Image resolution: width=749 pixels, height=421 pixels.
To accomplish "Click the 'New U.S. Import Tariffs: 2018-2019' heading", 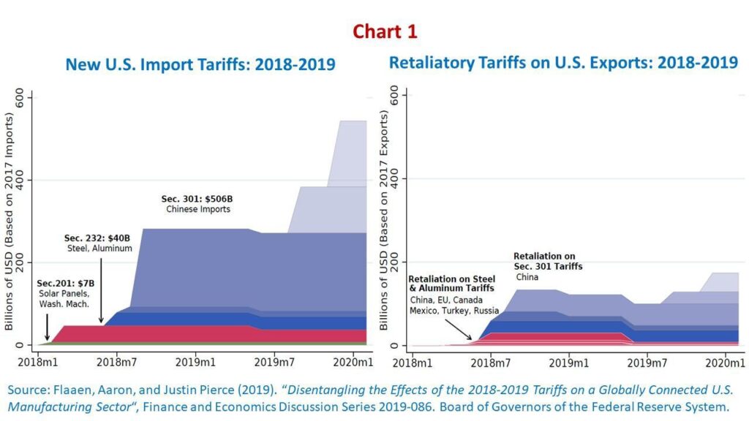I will click(200, 64).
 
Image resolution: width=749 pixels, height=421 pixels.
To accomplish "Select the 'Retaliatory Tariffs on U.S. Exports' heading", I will click(563, 62).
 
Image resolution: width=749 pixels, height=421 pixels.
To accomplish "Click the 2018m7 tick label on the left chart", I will click(117, 361).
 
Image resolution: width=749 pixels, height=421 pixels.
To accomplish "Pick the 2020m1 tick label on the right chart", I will click(724, 362).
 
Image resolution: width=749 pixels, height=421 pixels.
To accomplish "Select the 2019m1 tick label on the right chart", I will click(568, 362).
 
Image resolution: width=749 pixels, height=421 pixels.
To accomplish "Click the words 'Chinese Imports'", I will click(197, 210).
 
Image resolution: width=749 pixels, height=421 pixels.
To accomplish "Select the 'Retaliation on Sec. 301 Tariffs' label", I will click(548, 262).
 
